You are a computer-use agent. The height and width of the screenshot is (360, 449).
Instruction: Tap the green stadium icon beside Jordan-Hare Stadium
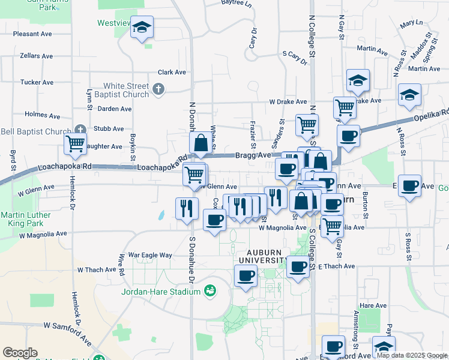click(x=209, y=292)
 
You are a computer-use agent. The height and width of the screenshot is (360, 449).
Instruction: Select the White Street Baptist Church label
click(x=126, y=90)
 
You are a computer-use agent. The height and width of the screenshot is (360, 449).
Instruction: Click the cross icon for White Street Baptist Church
click(x=159, y=90)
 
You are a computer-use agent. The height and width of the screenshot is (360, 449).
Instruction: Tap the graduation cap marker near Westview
click(x=142, y=28)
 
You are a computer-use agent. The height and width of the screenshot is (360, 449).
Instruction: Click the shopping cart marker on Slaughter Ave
click(x=76, y=144)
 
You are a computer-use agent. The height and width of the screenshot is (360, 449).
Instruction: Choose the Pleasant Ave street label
click(x=34, y=34)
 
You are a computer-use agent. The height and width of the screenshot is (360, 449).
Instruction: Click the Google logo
click(x=20, y=353)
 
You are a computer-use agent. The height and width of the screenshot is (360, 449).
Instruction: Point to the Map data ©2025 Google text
click(x=411, y=355)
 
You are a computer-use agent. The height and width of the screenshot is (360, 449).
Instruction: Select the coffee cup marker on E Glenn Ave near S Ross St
click(x=409, y=185)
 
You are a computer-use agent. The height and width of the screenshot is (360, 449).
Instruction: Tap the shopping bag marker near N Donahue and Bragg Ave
click(x=201, y=143)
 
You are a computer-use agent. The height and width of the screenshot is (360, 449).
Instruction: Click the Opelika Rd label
click(x=431, y=115)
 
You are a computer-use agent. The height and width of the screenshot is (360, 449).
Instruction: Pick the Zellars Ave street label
click(x=35, y=55)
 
